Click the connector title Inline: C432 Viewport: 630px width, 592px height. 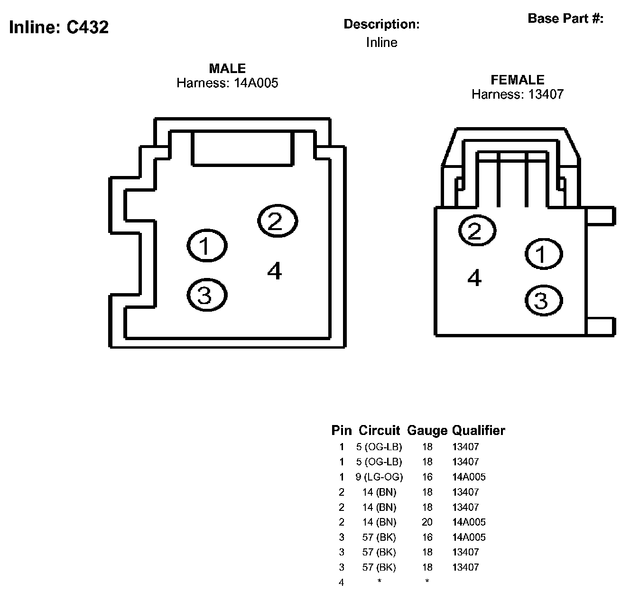pyautogui.click(x=59, y=27)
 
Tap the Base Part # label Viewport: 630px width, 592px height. pyautogui.click(x=565, y=18)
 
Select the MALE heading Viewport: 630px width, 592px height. pyautogui.click(x=227, y=68)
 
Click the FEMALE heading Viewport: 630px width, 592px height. pyautogui.click(x=517, y=80)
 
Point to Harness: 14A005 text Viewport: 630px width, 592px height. pyautogui.click(x=227, y=83)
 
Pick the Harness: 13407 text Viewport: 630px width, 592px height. pyautogui.click(x=517, y=94)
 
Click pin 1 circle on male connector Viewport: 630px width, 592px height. pyautogui.click(x=207, y=246)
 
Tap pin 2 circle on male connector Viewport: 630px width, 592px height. pyautogui.click(x=277, y=220)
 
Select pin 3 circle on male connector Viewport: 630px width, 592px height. pyautogui.click(x=207, y=295)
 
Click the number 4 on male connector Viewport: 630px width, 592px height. pyautogui.click(x=274, y=271)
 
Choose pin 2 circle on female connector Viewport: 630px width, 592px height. pyautogui.click(x=477, y=231)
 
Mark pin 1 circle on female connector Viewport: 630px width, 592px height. pyautogui.click(x=544, y=254)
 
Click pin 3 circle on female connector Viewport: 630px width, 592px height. pyautogui.click(x=544, y=300)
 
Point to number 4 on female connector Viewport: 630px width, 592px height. pyautogui.click(x=474, y=277)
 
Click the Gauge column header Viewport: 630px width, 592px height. pyautogui.click(x=427, y=431)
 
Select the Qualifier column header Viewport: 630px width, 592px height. pyautogui.click(x=478, y=431)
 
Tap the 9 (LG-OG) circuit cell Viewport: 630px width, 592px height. pyautogui.click(x=379, y=477)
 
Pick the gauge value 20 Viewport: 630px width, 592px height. pyautogui.click(x=427, y=522)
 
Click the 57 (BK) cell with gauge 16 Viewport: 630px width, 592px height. pyautogui.click(x=379, y=537)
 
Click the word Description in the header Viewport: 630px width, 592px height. pyautogui.click(x=381, y=24)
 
